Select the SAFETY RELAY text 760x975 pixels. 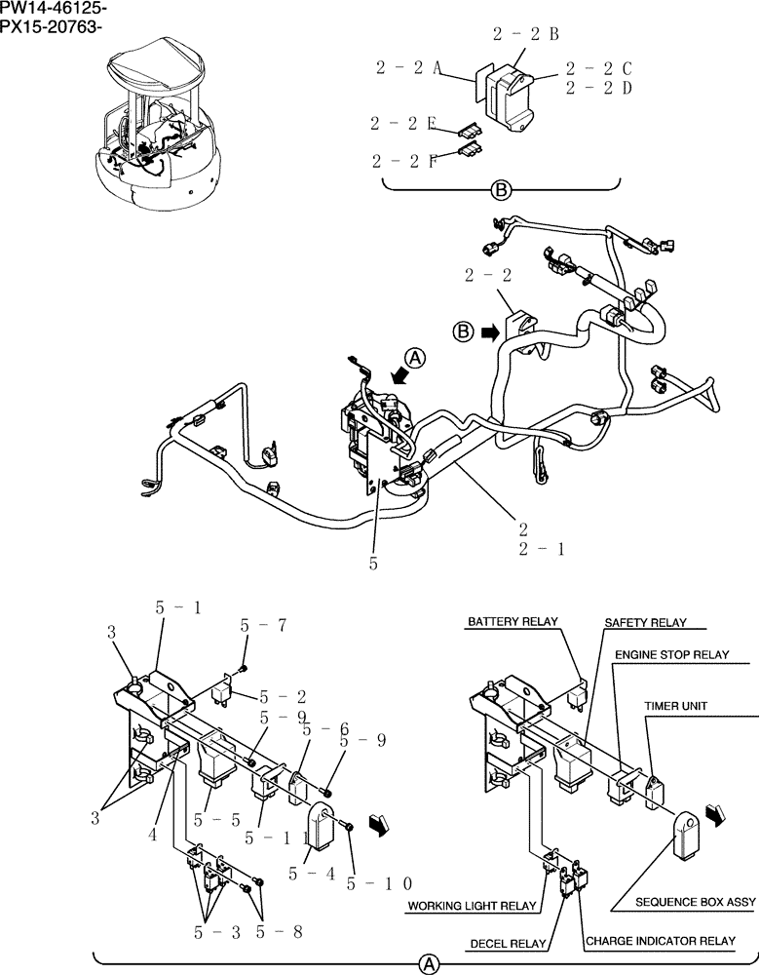click(x=645, y=622)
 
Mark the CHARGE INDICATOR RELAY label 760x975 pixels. click(x=660, y=942)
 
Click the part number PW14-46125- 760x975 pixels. click(x=54, y=9)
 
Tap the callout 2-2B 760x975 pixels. click(x=525, y=33)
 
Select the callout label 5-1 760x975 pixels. click(x=178, y=607)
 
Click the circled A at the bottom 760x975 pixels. click(x=427, y=964)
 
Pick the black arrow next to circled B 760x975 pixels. click(x=488, y=332)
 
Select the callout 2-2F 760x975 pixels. click(x=402, y=160)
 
